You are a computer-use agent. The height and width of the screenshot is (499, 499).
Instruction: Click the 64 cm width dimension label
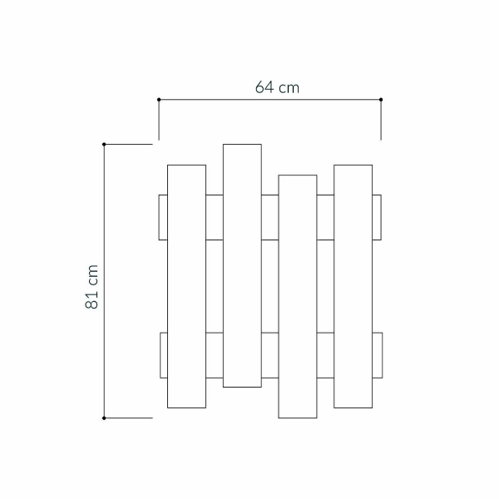coord(277,87)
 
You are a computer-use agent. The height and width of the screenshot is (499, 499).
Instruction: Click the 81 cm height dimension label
coord(92,288)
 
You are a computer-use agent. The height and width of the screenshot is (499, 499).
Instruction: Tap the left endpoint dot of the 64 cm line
coord(159,100)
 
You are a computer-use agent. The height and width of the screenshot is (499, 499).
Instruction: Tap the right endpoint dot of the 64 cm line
coord(381,100)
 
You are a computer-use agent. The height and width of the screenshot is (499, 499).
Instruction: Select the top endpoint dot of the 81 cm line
coord(104,145)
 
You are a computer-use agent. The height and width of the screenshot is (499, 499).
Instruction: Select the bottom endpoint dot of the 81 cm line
coord(104,417)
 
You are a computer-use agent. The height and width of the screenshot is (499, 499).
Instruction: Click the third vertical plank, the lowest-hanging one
coord(298,295)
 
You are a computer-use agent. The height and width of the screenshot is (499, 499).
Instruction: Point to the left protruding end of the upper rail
coord(163,217)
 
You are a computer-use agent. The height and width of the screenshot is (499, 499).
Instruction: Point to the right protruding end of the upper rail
coord(377,217)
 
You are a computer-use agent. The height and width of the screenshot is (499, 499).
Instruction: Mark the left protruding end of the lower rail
coord(163,355)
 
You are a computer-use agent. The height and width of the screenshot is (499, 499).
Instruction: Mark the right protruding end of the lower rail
coord(377,355)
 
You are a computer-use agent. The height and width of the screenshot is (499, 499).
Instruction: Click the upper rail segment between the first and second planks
coord(214,217)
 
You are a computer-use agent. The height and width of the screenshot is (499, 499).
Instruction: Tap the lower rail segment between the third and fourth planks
coord(325,355)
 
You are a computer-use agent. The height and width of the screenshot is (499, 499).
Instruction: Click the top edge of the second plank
coord(242,144)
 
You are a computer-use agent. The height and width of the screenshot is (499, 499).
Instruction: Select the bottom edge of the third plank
coord(298,417)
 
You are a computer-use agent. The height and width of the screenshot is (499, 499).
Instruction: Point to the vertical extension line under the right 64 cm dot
coord(381,121)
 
